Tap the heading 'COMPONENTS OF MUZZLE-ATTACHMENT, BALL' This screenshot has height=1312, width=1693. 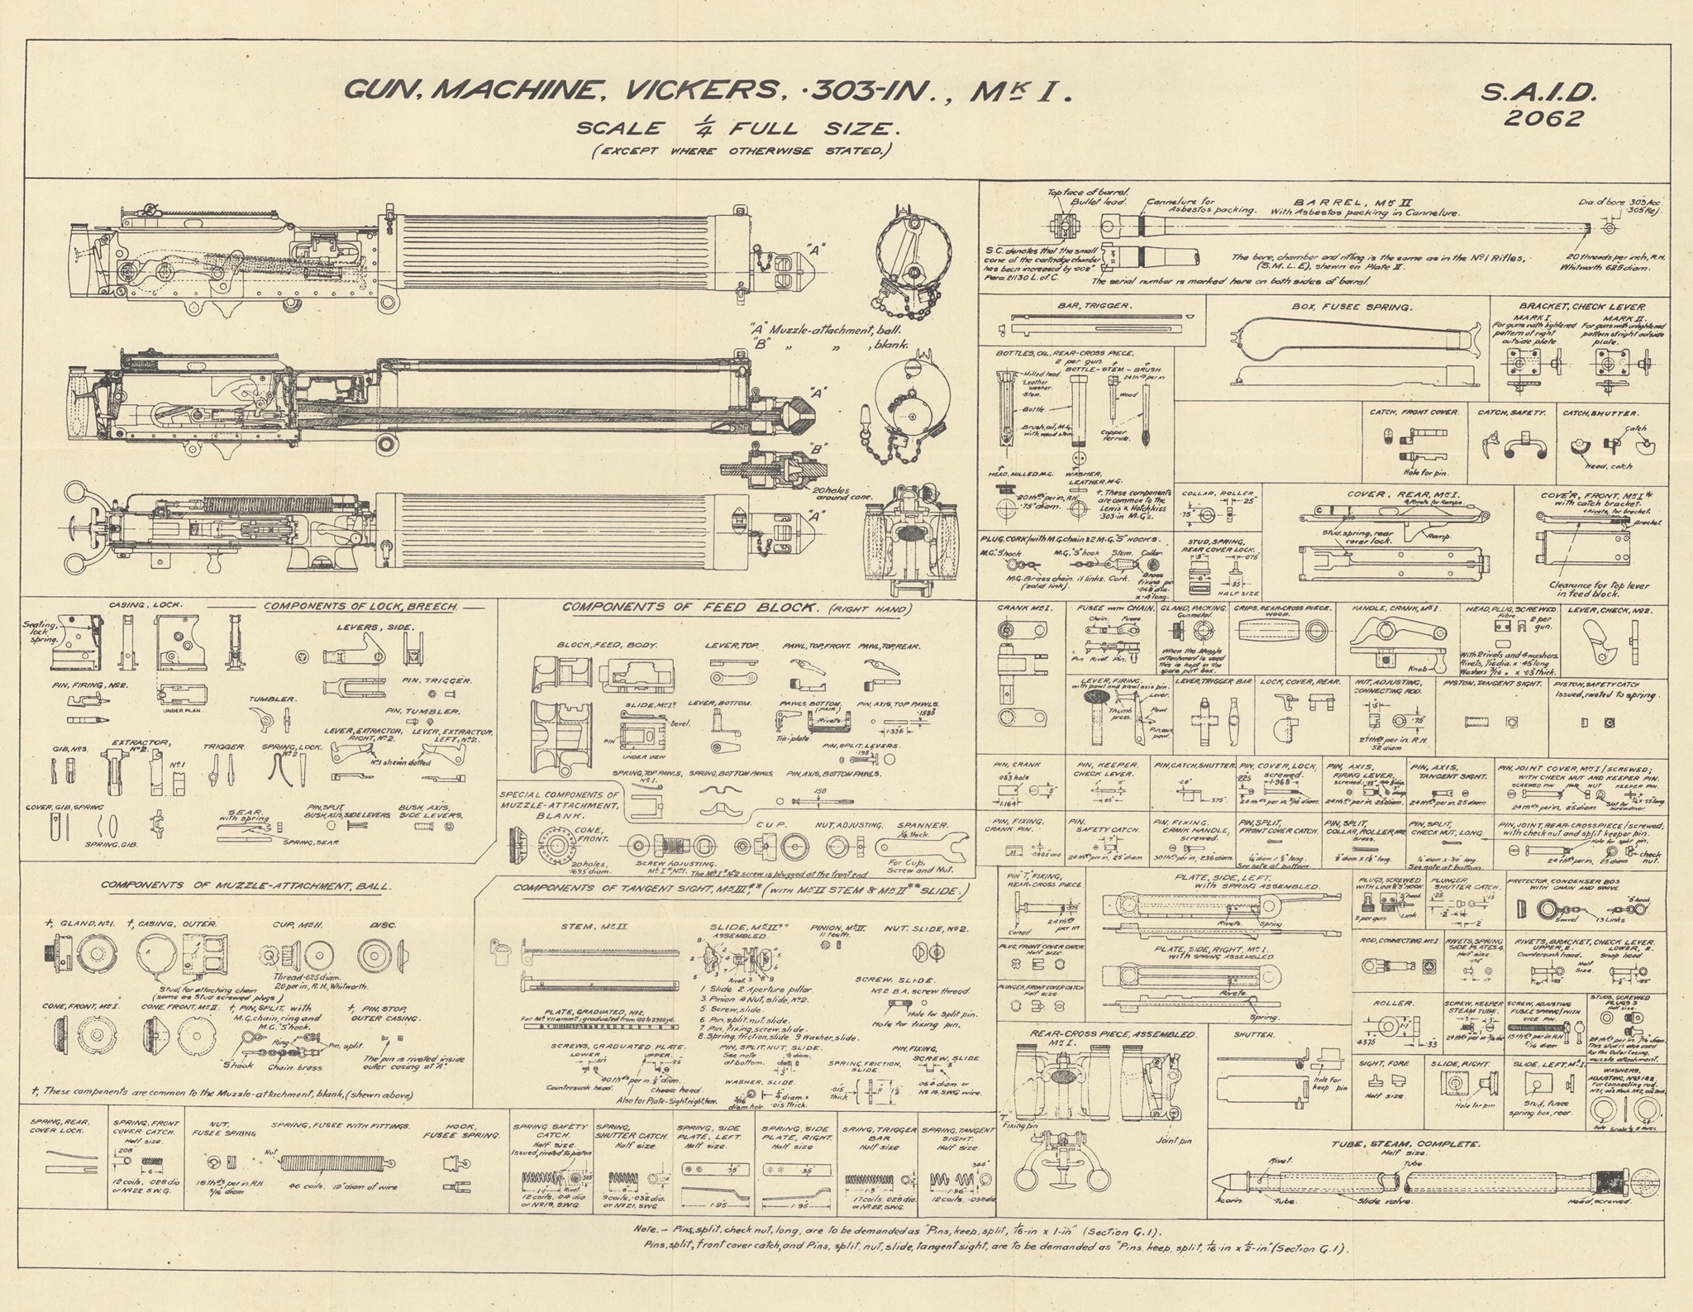(x=246, y=885)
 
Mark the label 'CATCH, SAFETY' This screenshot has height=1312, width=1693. (x=1509, y=412)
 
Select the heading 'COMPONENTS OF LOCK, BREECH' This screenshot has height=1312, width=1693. (x=360, y=608)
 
